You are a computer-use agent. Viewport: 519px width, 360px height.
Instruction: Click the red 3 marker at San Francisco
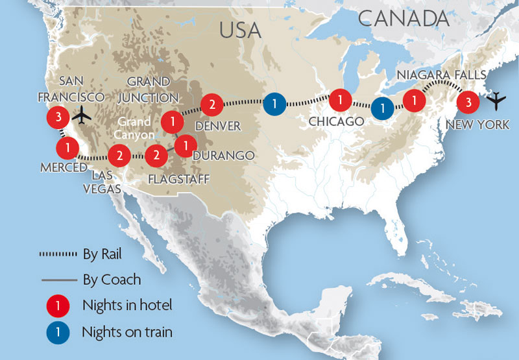pos(58,117)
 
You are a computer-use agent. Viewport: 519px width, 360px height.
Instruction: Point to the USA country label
pos(240,30)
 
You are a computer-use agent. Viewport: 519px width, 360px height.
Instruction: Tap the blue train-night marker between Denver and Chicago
pos(274,103)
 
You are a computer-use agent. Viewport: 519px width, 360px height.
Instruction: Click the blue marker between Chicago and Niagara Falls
pos(383,108)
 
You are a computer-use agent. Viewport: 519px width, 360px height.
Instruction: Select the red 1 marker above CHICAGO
pos(339,101)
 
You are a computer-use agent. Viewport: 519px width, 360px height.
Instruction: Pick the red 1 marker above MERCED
pos(66,148)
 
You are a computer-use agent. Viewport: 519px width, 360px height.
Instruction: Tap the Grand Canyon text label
pos(135,128)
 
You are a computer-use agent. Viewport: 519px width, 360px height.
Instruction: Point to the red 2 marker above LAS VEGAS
pos(118,155)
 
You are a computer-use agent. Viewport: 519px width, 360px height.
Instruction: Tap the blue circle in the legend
pos(58,332)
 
